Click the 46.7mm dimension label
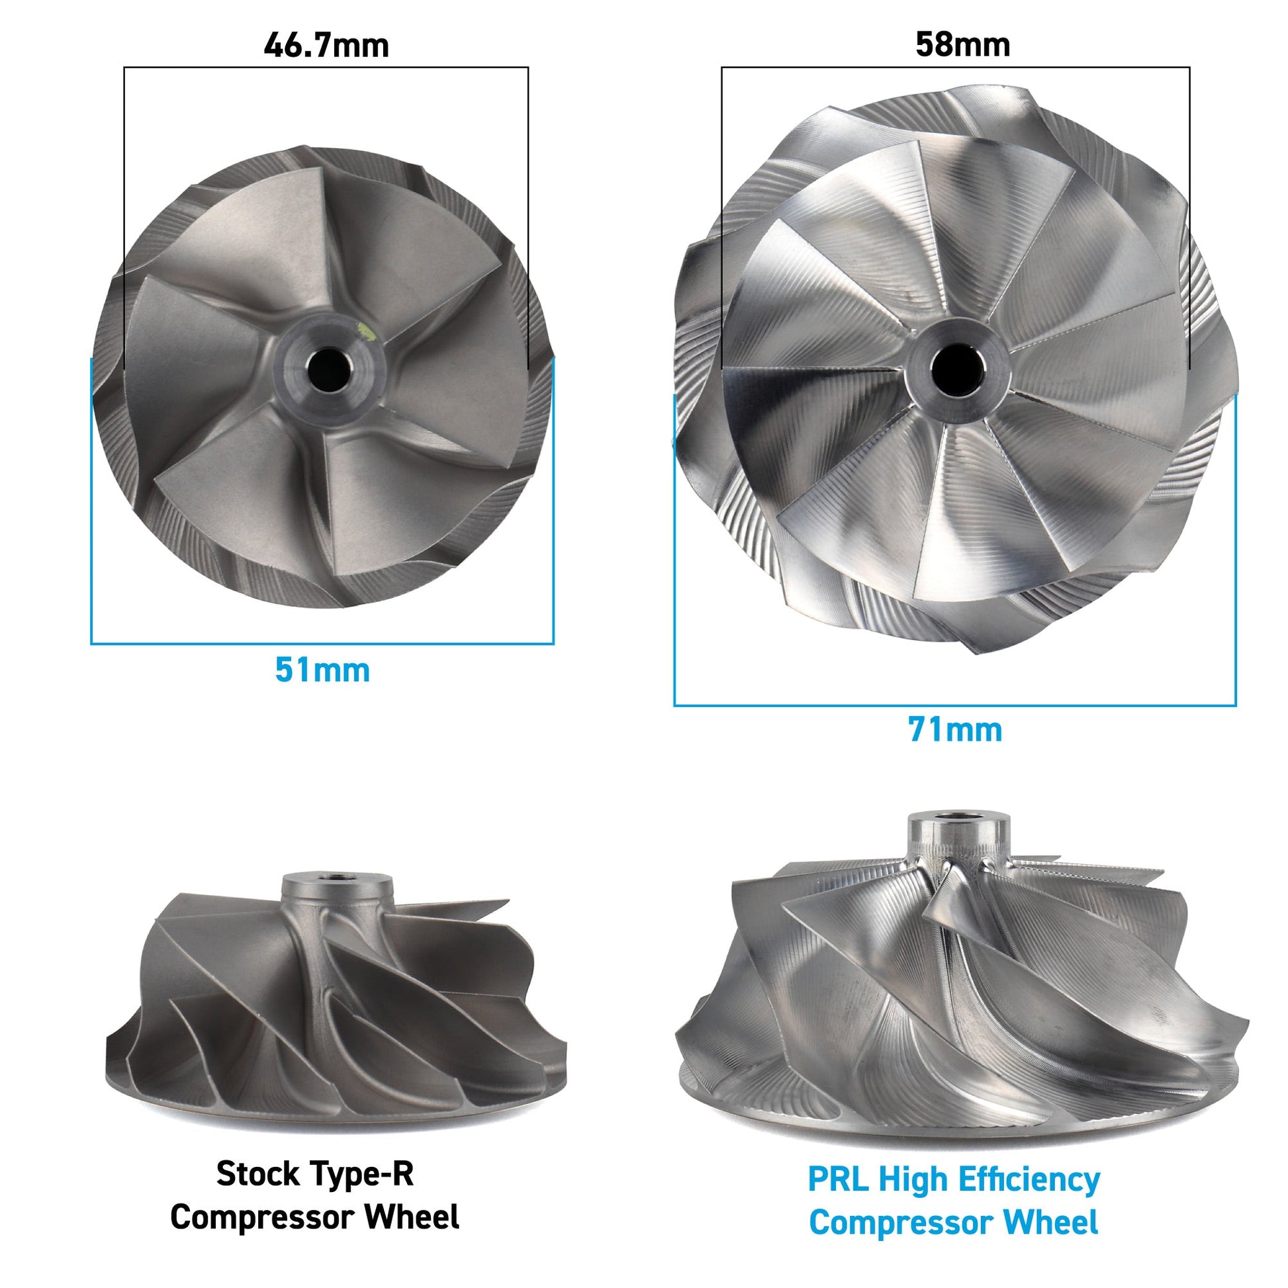(326, 45)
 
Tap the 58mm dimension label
(962, 44)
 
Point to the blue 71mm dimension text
(954, 730)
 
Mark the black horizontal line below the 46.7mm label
(326, 68)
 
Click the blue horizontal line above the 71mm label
(954, 705)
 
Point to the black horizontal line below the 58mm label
(955, 68)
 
